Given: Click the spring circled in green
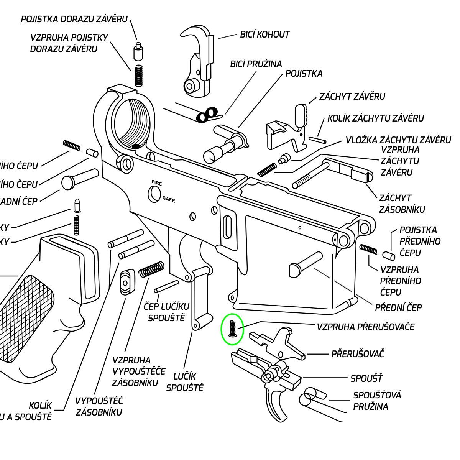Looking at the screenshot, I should pyautogui.click(x=232, y=329).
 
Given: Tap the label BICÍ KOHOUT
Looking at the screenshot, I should pyautogui.click(x=264, y=34).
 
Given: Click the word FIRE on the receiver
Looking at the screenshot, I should pyautogui.click(x=157, y=183).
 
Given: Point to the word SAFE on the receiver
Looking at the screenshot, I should pyautogui.click(x=169, y=199).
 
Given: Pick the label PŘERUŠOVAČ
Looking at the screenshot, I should pyautogui.click(x=357, y=354).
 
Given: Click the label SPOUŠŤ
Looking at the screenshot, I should pyautogui.click(x=366, y=378).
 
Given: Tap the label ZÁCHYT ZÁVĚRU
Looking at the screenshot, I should pyautogui.click(x=352, y=96).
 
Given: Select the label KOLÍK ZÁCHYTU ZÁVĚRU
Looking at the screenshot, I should pyautogui.click(x=375, y=118).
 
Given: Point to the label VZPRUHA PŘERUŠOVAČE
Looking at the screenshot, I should pyautogui.click(x=365, y=327).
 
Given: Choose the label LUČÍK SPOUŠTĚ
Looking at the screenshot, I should pyautogui.click(x=185, y=382).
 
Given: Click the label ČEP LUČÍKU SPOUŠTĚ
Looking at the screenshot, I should pyautogui.click(x=166, y=312).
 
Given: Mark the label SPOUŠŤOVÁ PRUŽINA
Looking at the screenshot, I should pyautogui.click(x=377, y=401).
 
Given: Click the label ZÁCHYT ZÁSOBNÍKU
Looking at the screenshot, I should pyautogui.click(x=401, y=204).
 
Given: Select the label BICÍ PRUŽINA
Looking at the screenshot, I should pyautogui.click(x=256, y=64).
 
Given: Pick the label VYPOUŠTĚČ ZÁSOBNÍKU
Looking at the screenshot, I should pyautogui.click(x=99, y=406).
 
